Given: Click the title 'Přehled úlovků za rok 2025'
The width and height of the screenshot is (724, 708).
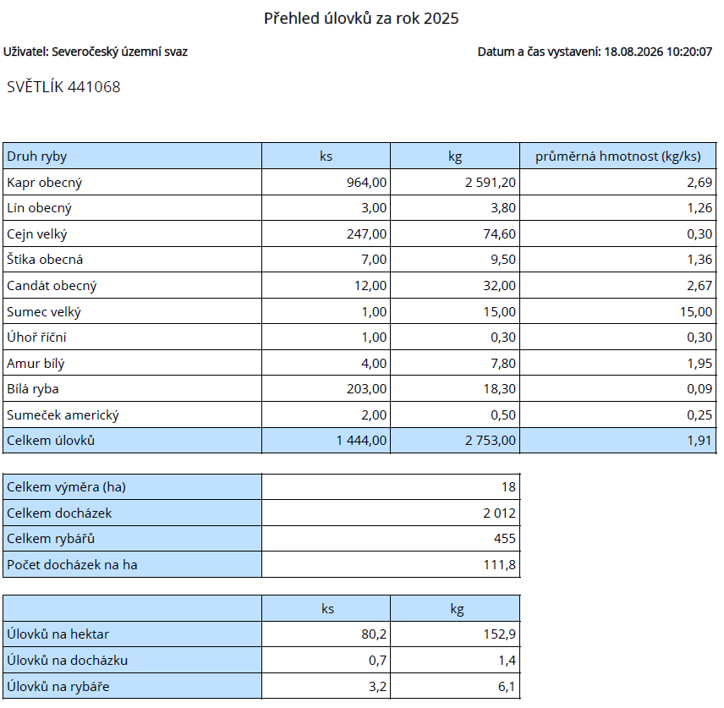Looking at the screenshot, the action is tap(361, 19).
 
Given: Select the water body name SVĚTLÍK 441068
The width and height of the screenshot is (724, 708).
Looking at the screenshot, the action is tap(63, 87).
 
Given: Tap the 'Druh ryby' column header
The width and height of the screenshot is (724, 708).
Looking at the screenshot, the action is tap(37, 156).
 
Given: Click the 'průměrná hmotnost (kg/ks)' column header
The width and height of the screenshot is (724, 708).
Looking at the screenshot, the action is tap(617, 156).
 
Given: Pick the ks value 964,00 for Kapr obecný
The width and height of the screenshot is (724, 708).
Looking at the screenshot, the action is tap(366, 183).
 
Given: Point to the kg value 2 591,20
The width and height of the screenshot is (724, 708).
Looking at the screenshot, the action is tap(491, 183).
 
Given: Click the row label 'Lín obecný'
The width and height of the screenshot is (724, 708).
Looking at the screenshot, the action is tap(39, 208).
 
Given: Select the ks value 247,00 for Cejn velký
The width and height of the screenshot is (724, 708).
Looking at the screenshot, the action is tap(366, 234).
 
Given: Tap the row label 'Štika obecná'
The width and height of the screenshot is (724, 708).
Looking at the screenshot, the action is tap(45, 260).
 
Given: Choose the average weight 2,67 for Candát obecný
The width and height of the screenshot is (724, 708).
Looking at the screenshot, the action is tap(699, 286).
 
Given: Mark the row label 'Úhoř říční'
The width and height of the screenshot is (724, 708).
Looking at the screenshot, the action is tap(36, 338).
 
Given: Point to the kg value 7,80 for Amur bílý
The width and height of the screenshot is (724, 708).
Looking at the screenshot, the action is tap(503, 364).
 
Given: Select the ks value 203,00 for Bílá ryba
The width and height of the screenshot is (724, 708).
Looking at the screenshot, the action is tap(366, 389).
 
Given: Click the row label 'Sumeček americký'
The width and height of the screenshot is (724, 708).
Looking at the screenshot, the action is tap(63, 414).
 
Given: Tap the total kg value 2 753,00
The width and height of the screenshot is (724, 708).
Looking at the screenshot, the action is tap(491, 441).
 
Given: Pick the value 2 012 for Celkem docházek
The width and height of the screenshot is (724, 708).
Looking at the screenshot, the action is tap(499, 513).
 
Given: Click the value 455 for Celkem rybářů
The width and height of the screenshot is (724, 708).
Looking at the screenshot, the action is tap(505, 539).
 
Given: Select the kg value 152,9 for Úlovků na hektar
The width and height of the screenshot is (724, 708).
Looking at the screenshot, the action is tap(500, 634).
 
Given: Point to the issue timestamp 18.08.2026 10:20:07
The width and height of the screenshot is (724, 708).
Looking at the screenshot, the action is tap(658, 52).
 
